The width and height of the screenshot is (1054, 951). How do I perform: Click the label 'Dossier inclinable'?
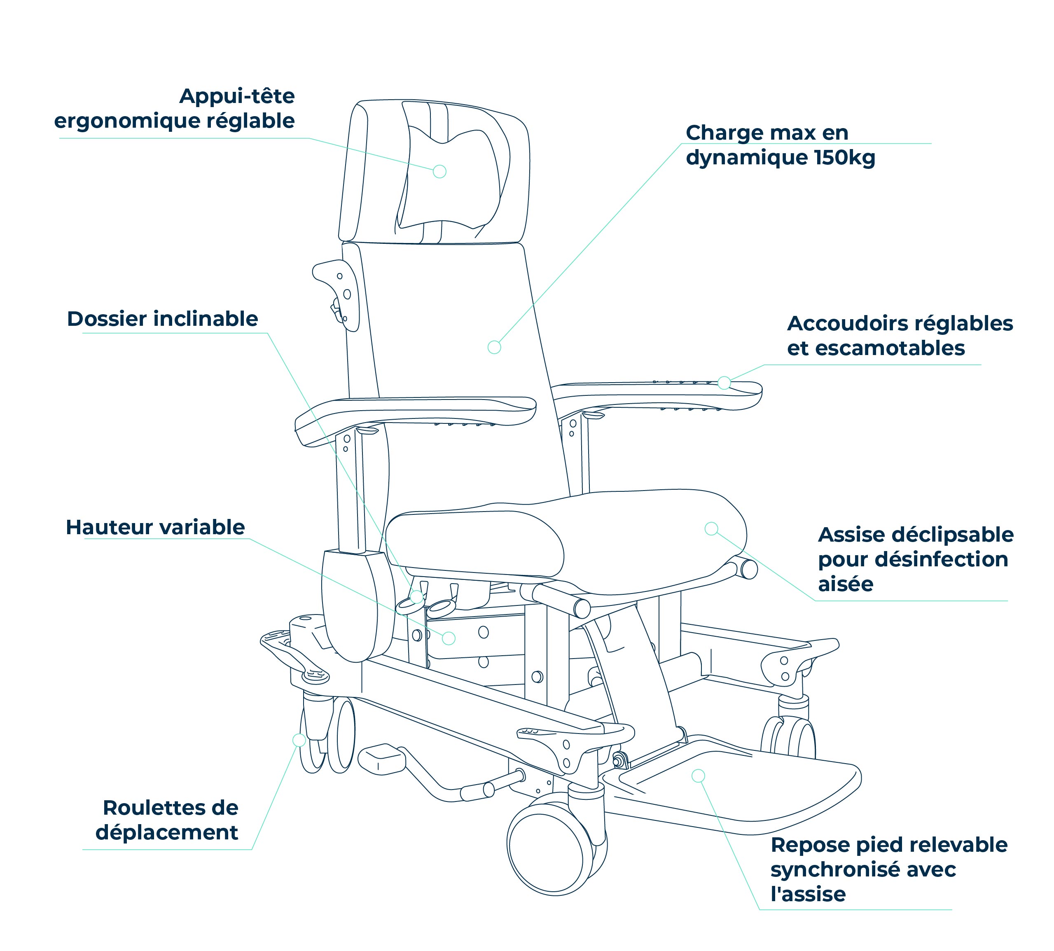163,319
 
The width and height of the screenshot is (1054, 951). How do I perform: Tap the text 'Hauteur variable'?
155,527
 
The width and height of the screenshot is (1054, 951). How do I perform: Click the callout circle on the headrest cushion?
439,171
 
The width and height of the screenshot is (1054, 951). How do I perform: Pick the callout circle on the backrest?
494,347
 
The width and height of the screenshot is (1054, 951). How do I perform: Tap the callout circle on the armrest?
724,383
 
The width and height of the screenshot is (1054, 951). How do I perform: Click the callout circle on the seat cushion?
711,529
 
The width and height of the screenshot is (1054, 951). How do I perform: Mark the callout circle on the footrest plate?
698,776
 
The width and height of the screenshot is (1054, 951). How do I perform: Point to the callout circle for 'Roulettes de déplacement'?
299,739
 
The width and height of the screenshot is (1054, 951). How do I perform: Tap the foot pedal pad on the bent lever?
381,759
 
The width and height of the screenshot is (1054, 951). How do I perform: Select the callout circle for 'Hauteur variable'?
449,638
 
